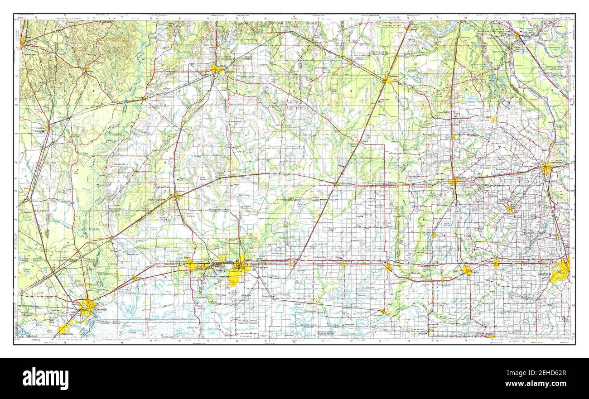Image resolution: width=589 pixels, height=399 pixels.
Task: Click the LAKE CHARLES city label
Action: [239, 267]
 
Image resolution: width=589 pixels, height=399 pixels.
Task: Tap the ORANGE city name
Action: [101, 309]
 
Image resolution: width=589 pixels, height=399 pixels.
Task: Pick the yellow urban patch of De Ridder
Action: [215, 69]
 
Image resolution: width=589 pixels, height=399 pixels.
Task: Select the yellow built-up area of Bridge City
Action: [64, 329]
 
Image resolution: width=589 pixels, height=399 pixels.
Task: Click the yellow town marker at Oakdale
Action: [386, 81]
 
